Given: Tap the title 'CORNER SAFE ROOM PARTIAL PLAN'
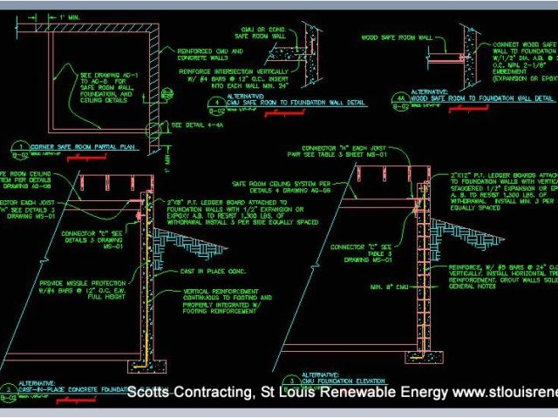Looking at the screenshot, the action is (x=82, y=147).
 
